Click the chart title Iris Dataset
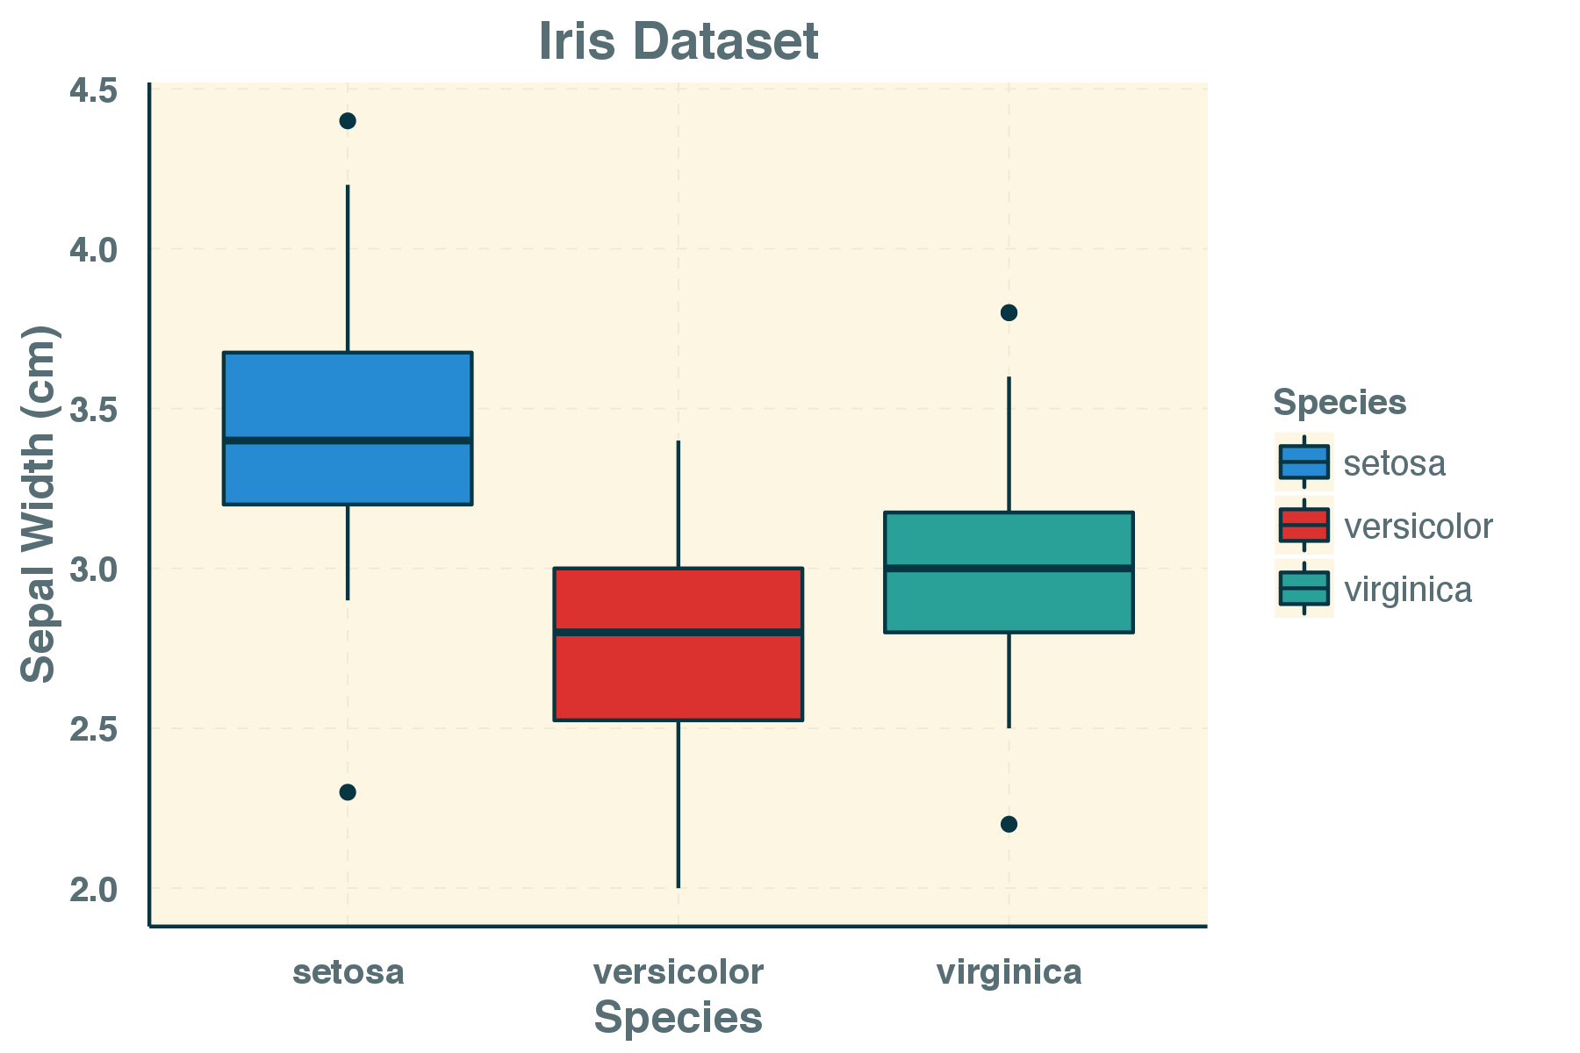tap(678, 41)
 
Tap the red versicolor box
tap(678, 676)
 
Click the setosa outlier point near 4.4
tap(348, 121)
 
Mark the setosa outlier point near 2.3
tap(348, 792)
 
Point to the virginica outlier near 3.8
tap(1009, 312)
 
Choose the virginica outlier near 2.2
tap(1009, 824)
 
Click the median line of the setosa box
tap(348, 441)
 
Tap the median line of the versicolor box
tap(678, 632)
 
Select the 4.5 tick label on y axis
tap(93, 90)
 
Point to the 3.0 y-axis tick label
tap(93, 569)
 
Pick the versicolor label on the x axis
tap(678, 972)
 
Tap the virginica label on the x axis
tap(1009, 972)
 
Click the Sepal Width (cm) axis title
tap(38, 505)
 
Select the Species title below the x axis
tap(678, 1019)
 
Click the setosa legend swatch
tap(1303, 462)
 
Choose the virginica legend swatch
tap(1303, 588)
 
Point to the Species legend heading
tap(1339, 402)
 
